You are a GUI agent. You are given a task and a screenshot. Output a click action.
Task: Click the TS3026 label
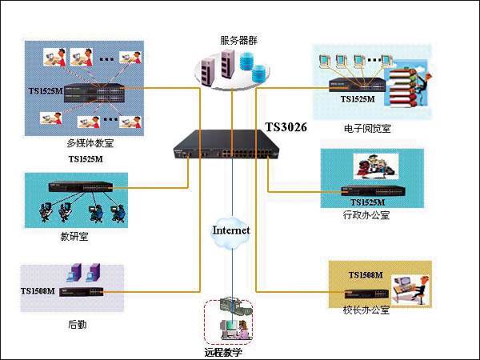[286, 126]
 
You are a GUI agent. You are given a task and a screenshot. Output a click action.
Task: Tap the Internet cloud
[230, 230]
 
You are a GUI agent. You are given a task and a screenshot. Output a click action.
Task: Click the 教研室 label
[74, 237]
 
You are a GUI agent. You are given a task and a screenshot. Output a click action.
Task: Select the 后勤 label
[77, 325]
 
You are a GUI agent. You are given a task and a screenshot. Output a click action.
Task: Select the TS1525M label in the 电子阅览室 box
[358, 99]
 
